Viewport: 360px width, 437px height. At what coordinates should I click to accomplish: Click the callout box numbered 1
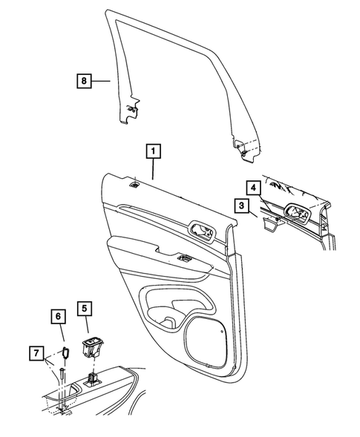(x=154, y=153)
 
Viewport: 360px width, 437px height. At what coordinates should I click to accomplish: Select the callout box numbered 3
(x=242, y=205)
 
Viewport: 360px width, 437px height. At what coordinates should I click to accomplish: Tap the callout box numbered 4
(x=253, y=188)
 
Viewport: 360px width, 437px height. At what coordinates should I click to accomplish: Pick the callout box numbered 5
(x=84, y=307)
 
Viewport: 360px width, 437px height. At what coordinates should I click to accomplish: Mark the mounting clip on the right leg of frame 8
(x=243, y=151)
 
